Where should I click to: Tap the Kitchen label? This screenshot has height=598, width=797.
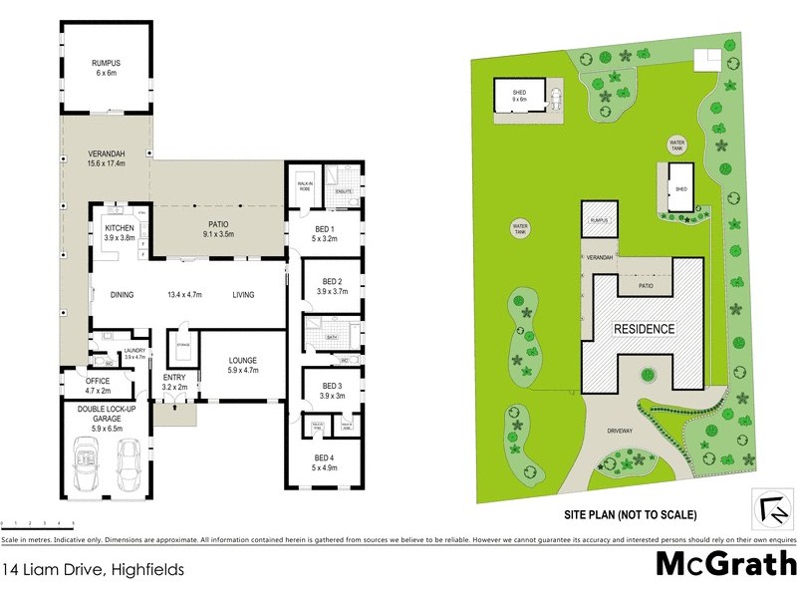click(120, 232)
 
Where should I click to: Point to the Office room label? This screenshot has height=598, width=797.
click(97, 384)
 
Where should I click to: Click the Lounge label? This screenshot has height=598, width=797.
click(242, 364)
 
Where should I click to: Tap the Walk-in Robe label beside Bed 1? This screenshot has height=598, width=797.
click(305, 185)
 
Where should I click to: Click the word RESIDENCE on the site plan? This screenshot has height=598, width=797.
click(644, 329)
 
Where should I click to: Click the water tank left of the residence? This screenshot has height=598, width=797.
click(519, 228)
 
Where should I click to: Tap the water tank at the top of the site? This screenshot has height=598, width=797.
click(678, 146)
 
